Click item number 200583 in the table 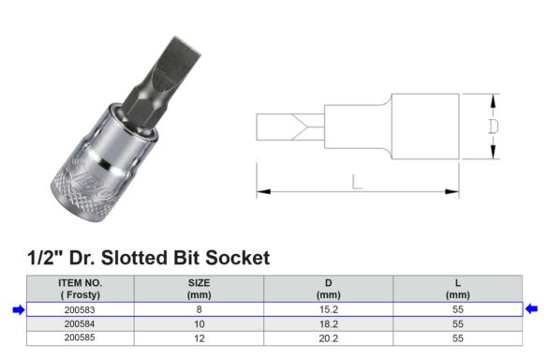tap(80, 309)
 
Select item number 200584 tap(80, 324)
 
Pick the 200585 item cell tap(80, 337)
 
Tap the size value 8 tap(199, 309)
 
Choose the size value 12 tap(200, 338)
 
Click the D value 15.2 tap(329, 309)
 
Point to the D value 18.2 tap(329, 324)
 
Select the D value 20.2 tap(329, 338)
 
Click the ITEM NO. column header tap(80, 289)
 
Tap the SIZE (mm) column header tap(199, 289)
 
